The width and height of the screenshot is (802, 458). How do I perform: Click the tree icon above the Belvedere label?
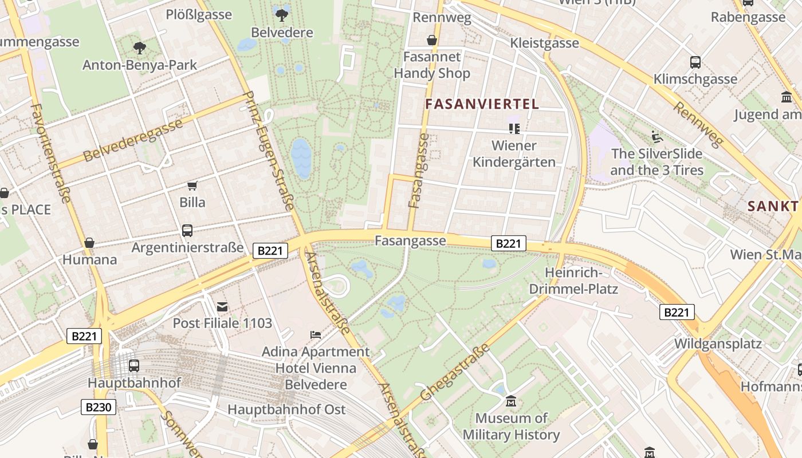pyautogui.click(x=281, y=14)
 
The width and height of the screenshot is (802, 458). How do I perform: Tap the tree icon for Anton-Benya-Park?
pyautogui.click(x=139, y=48)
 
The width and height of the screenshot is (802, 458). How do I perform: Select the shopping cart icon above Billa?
pyautogui.click(x=192, y=185)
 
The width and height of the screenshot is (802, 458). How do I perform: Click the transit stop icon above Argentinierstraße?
pyautogui.click(x=187, y=230)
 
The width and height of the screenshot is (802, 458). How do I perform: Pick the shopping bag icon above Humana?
pyautogui.click(x=89, y=243)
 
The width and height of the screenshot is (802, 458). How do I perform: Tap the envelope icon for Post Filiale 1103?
pyautogui.click(x=222, y=307)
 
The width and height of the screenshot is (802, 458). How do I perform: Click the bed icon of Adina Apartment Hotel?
pyautogui.click(x=316, y=334)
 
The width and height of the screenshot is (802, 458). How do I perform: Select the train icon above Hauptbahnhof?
pyautogui.click(x=134, y=365)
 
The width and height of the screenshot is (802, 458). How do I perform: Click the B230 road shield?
pyautogui.click(x=99, y=407)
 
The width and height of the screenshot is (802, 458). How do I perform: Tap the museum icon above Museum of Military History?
pyautogui.click(x=511, y=401)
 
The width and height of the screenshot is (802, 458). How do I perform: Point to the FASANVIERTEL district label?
pyautogui.click(x=482, y=104)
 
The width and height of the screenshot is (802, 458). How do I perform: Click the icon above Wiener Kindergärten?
pyautogui.click(x=514, y=129)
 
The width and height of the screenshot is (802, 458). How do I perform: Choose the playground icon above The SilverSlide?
pyautogui.click(x=656, y=137)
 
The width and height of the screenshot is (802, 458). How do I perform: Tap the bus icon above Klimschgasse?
pyautogui.click(x=695, y=62)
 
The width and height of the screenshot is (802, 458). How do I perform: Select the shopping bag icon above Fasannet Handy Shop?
pyautogui.click(x=432, y=40)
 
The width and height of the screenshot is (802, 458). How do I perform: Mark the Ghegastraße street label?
pyautogui.click(x=455, y=372)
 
